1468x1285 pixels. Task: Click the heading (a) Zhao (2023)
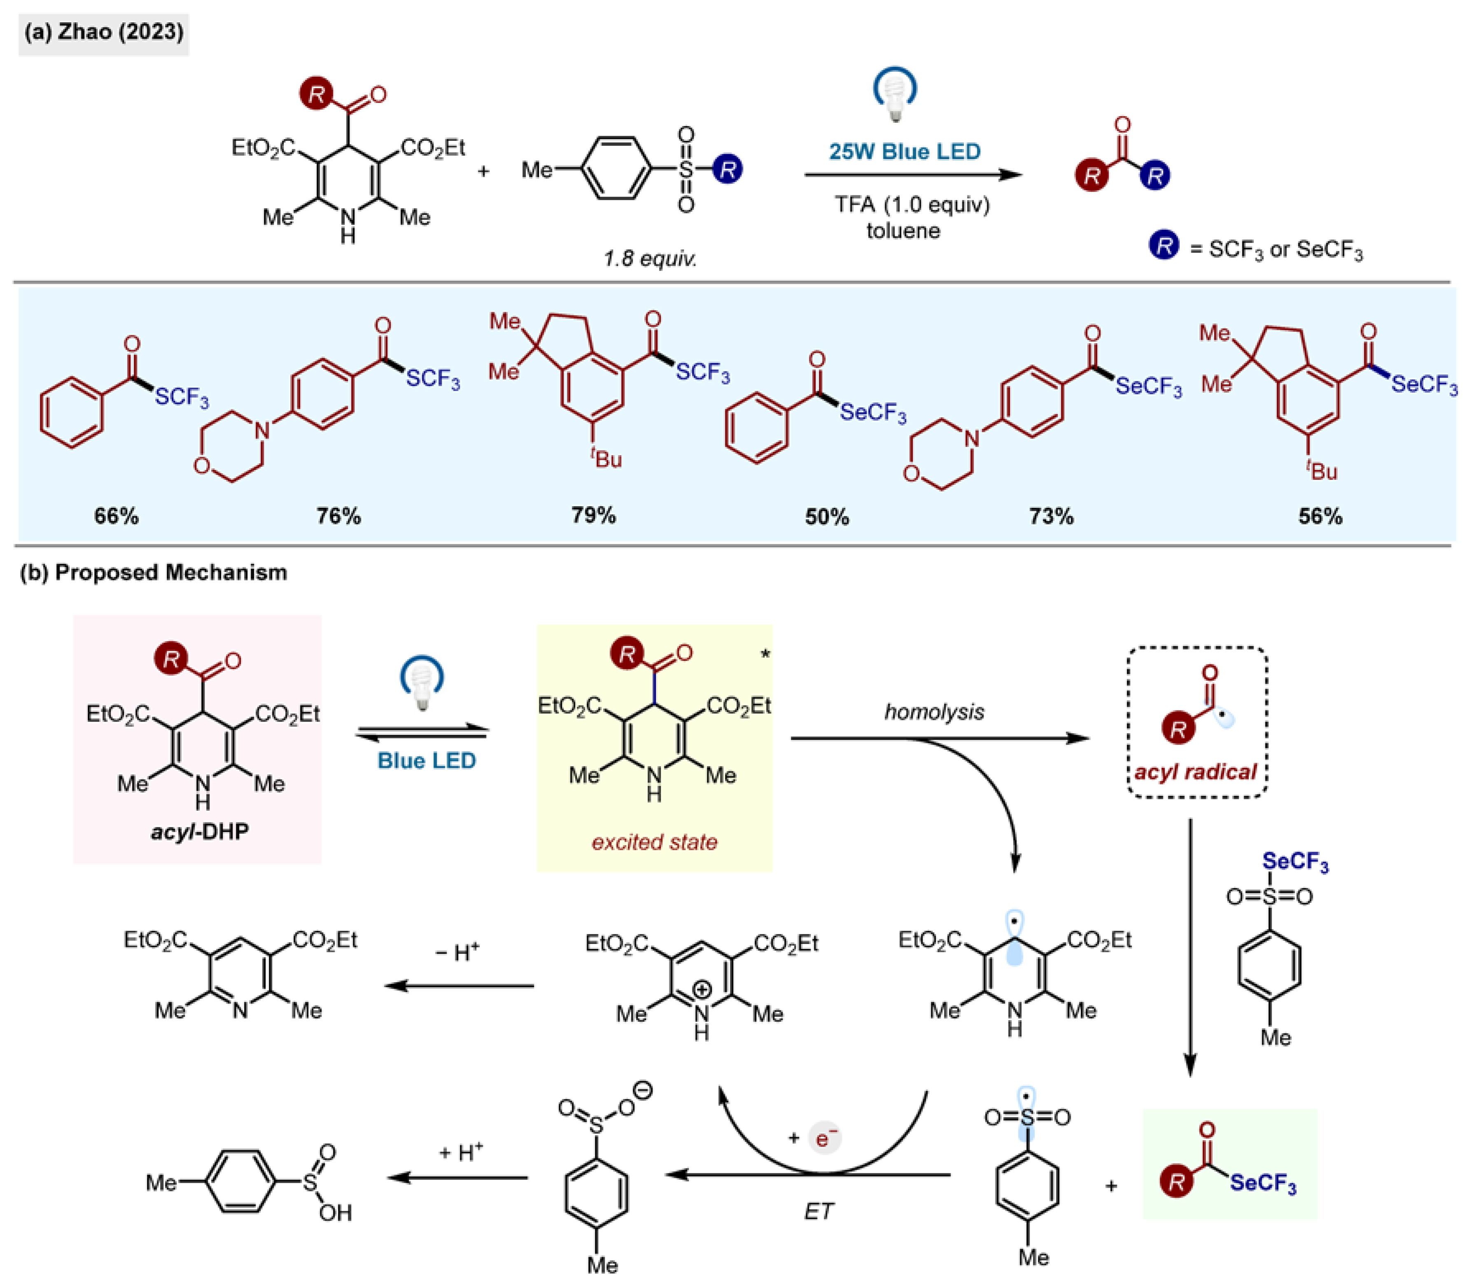(x=103, y=32)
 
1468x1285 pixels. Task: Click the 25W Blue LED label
(x=904, y=151)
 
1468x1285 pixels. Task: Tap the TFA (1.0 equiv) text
(x=912, y=205)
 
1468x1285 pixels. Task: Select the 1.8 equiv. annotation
(x=650, y=258)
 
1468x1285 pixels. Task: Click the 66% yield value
(x=116, y=516)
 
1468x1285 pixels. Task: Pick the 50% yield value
(x=827, y=516)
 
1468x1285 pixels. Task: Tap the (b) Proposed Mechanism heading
(x=154, y=572)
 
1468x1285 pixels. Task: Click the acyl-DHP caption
(x=199, y=831)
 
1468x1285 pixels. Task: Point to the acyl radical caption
(x=1195, y=771)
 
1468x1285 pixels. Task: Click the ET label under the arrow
(x=818, y=1211)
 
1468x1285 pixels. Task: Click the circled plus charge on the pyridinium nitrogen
(x=702, y=990)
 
